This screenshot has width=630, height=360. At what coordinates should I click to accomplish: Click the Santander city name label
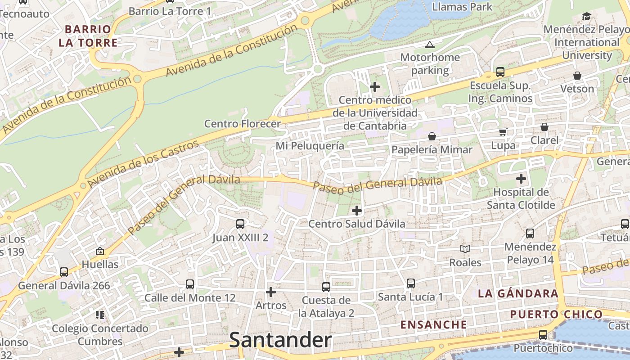[280, 340]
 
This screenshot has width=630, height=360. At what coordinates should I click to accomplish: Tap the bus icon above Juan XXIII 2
[240, 224]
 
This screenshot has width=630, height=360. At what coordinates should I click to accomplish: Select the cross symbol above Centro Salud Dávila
[357, 210]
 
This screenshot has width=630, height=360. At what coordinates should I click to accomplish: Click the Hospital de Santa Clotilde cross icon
[521, 179]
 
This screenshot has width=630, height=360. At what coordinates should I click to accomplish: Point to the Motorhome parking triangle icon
[429, 45]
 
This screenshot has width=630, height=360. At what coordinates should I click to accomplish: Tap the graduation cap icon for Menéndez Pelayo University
[586, 17]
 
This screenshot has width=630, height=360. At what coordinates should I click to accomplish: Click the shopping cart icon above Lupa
[503, 132]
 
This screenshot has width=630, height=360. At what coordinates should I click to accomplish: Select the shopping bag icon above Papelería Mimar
[432, 136]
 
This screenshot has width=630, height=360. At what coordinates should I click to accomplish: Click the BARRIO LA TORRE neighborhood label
[88, 36]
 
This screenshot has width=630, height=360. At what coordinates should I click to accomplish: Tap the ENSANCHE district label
[434, 324]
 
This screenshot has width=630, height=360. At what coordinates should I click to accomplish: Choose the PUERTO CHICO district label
[556, 314]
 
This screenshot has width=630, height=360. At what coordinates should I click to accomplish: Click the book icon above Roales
[465, 249]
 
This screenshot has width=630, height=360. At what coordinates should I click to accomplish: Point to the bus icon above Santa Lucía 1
[410, 283]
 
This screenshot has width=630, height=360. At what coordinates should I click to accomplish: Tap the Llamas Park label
[462, 7]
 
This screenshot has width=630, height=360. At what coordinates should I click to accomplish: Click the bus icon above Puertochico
[543, 335]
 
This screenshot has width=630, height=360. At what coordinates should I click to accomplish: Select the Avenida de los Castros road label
[143, 164]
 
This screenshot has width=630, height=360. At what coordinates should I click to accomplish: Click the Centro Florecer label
[242, 123]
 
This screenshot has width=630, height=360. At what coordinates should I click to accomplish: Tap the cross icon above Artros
[271, 292]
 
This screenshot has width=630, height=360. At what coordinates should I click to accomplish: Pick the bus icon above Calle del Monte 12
[190, 284]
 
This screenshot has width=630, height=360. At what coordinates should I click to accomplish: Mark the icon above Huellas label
[100, 251]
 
